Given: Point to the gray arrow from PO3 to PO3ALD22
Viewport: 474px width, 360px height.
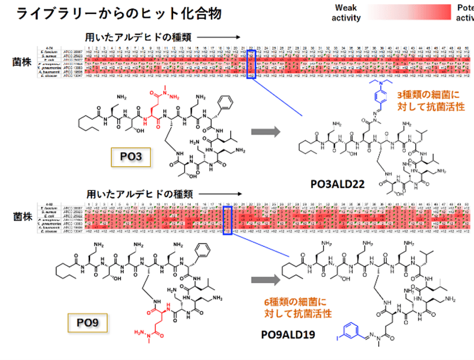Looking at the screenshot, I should pyautogui.click(x=266, y=132).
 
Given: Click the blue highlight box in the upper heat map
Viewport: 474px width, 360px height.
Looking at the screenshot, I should pyautogui.click(x=251, y=63).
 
